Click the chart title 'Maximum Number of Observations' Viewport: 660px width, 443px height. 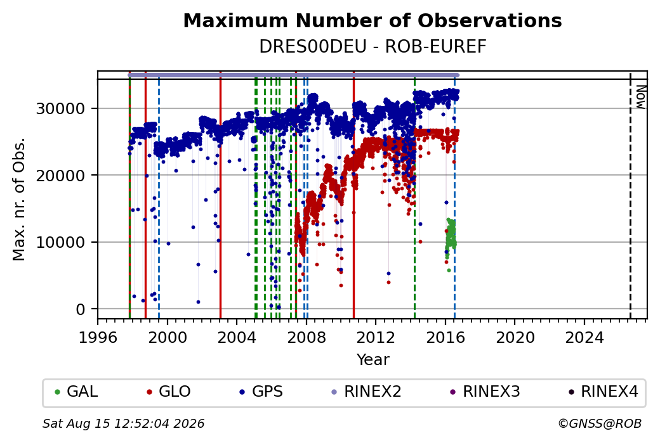click(x=373, y=20)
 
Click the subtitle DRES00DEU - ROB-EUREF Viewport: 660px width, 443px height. click(x=373, y=47)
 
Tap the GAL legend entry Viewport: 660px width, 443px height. click(x=77, y=392)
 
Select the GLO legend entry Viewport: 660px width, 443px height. click(x=169, y=392)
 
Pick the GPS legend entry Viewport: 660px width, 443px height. click(x=261, y=392)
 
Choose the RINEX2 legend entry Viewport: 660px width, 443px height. click(x=367, y=392)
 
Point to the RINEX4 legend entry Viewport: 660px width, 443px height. click(x=604, y=392)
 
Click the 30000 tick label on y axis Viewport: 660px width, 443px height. click(x=61, y=109)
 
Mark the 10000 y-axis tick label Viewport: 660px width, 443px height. click(x=61, y=243)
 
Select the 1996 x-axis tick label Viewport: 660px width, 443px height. click(x=98, y=338)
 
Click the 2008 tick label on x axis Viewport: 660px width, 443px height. click(x=307, y=338)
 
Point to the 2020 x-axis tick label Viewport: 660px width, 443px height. click(x=515, y=338)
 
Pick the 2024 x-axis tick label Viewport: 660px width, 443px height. click(x=584, y=338)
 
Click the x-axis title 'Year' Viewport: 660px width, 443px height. click(x=373, y=360)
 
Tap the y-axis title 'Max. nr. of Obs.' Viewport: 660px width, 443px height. click(x=19, y=199)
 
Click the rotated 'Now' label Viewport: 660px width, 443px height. click(x=640, y=97)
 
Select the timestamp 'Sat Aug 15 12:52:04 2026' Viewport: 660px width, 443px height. click(x=123, y=423)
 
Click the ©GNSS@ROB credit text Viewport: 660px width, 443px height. click(x=600, y=423)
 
